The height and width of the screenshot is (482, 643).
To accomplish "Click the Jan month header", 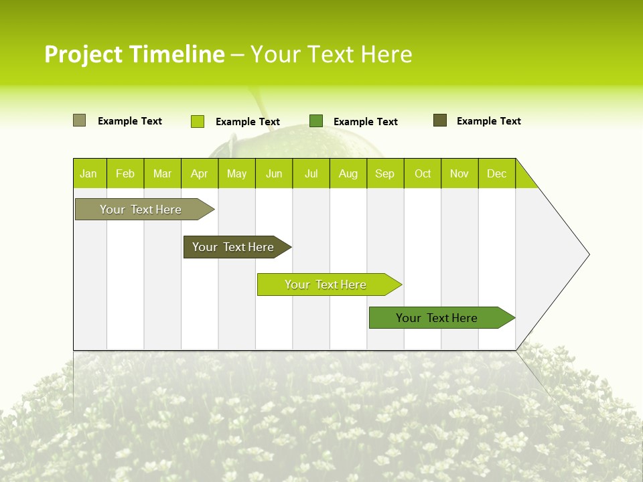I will [89, 173].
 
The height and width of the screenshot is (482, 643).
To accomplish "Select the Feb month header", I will [125, 173].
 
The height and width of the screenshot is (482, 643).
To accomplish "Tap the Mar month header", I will [162, 173].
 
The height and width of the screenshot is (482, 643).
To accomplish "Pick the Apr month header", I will [200, 173].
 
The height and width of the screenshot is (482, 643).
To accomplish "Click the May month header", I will [236, 173].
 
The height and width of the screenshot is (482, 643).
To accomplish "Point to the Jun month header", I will [274, 173].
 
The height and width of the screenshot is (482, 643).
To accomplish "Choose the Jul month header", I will [311, 173].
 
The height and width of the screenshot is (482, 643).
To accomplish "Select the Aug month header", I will [348, 173].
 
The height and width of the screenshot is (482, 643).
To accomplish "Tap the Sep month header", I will [385, 173].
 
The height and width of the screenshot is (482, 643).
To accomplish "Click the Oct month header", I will [423, 173].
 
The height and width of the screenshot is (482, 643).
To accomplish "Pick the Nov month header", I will [459, 173].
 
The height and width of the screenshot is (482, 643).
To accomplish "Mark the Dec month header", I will [497, 173].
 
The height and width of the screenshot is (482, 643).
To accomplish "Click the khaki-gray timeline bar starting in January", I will [141, 210].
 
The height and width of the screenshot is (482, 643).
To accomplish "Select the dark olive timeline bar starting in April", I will [233, 247].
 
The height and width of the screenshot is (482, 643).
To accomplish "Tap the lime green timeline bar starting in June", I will [326, 285].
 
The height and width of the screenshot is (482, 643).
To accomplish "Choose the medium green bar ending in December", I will [437, 318].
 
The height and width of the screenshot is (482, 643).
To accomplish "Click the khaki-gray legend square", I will [79, 120].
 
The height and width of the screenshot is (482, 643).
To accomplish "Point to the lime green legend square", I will [198, 121].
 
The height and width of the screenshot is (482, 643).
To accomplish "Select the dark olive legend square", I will [440, 120].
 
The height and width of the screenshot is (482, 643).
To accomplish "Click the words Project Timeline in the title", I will [135, 54].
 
